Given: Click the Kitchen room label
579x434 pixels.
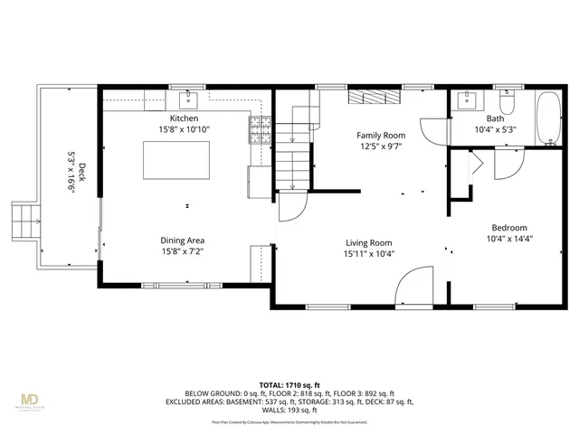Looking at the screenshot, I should pos(184,118).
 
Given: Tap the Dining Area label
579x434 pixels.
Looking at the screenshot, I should pos(183,241).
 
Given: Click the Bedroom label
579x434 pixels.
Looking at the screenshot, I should pos(509,228).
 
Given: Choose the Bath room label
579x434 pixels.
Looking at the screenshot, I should pos(495,118).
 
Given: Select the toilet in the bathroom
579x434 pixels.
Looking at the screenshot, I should pos(507,104).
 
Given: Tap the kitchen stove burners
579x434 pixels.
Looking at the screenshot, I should pos(260,132).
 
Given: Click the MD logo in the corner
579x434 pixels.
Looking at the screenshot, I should pos(30,401).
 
